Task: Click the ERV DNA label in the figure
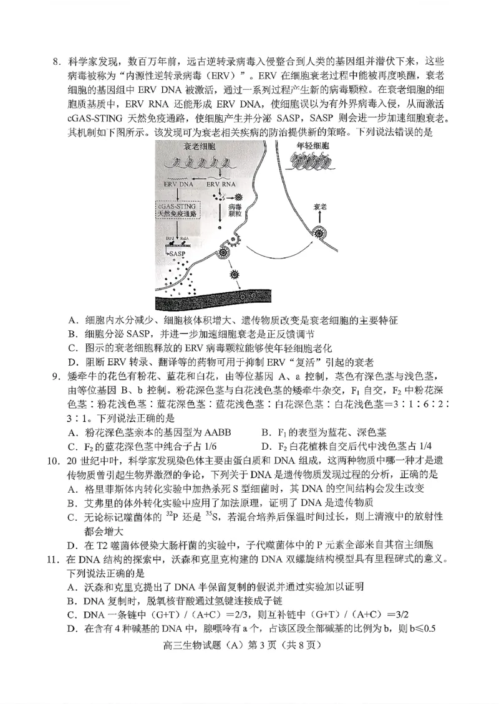[x=178, y=184]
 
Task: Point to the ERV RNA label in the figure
[x=221, y=184]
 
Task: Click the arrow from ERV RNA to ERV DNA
[x=200, y=184]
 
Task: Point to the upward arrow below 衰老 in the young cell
[x=320, y=218]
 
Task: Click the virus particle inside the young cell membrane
[x=320, y=234]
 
